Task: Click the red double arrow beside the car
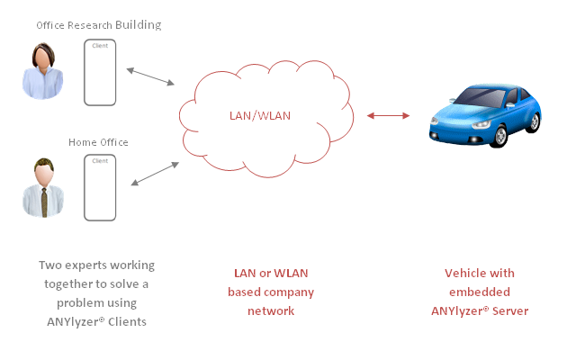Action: click(389, 115)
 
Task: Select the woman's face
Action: click(42, 59)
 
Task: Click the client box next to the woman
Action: click(100, 72)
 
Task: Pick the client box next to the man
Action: click(100, 187)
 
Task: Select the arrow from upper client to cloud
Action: click(150, 76)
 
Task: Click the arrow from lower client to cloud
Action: click(154, 175)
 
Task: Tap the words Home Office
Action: click(98, 142)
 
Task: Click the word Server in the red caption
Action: click(509, 311)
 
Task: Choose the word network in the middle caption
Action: click(271, 311)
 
